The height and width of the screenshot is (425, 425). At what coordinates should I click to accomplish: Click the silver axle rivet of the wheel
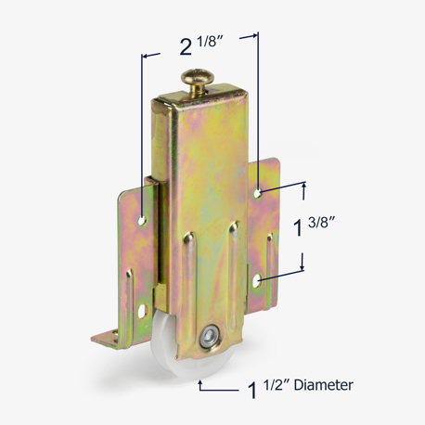point(207,337)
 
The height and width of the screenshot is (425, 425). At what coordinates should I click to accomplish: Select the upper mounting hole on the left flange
point(142,221)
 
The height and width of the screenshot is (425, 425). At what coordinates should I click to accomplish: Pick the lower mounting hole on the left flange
point(142,312)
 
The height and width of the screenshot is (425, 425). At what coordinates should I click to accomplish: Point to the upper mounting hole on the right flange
point(257,194)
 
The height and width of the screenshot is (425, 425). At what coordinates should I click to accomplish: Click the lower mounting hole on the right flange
point(257,281)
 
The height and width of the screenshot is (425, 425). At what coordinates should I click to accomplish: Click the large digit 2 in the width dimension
point(186,47)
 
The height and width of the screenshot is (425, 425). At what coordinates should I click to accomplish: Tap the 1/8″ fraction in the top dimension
point(212,41)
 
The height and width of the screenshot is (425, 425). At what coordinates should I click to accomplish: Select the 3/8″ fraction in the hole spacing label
point(322,222)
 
